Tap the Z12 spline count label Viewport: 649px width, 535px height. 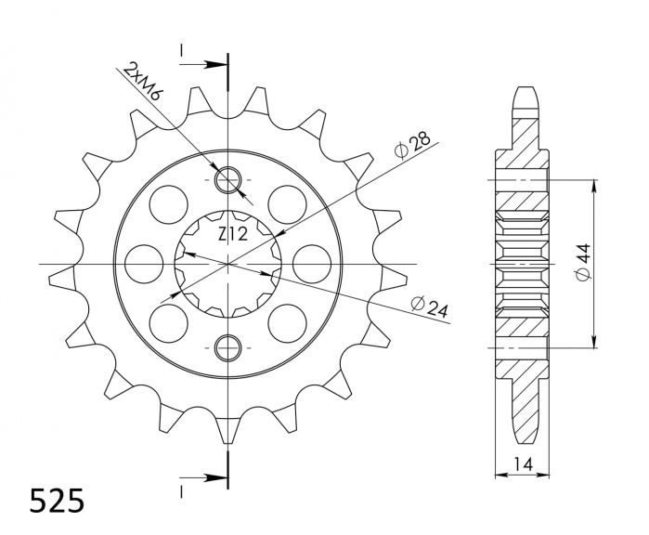[x=232, y=234]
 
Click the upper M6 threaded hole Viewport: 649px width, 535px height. [x=227, y=178]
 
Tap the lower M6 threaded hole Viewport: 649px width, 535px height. [x=227, y=348]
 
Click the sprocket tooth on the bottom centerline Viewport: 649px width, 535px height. [x=227, y=429]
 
